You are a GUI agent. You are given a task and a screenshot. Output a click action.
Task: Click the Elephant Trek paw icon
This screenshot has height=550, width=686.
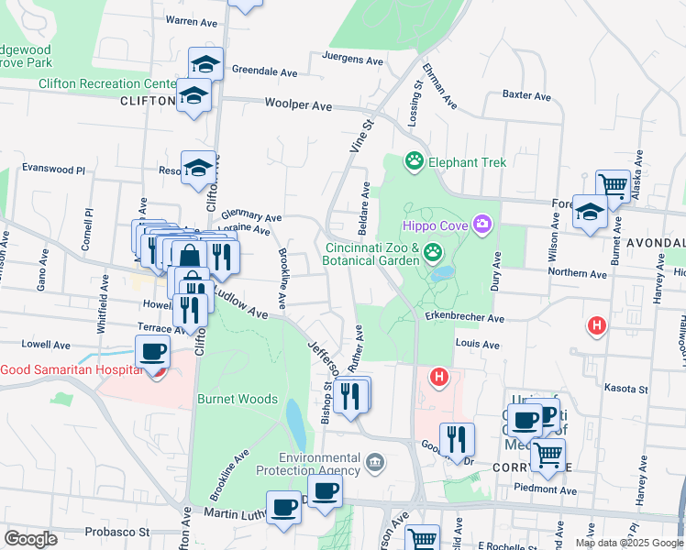(x=415, y=162)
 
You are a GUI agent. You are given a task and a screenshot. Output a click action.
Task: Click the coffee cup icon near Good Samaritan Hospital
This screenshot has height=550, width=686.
(x=152, y=352)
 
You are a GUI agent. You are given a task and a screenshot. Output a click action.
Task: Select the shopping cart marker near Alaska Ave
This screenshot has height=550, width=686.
(x=612, y=186)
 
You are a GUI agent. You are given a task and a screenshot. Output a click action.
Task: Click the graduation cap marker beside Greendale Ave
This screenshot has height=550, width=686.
(x=205, y=64)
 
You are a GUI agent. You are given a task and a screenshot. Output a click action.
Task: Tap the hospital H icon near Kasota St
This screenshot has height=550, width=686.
(x=439, y=376)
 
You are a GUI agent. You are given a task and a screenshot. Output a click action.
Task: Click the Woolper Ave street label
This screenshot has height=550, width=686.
(x=298, y=106)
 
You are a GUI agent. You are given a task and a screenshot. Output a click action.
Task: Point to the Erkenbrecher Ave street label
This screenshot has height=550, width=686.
(x=465, y=318)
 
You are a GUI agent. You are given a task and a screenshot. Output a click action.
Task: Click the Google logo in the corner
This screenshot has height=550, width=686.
(x=30, y=539)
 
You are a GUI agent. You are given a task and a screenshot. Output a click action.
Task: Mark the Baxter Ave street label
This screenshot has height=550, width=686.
(x=526, y=95)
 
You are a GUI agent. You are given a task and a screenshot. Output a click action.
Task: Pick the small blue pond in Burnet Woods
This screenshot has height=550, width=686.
(x=296, y=421)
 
